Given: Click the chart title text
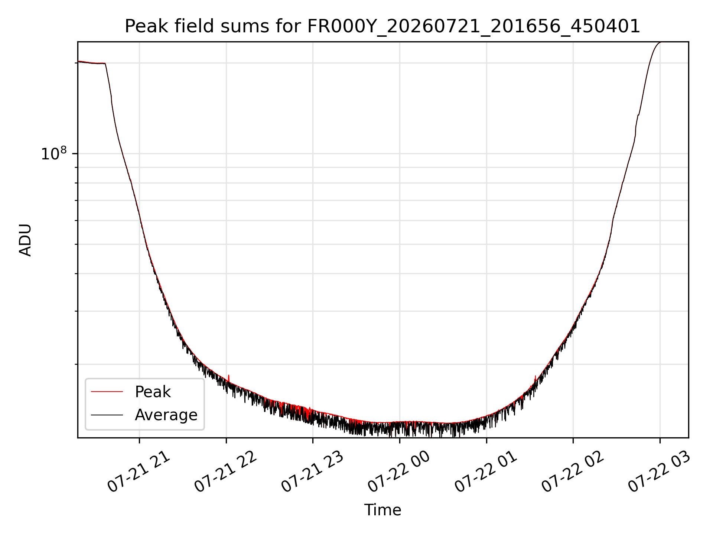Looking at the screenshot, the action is click(x=382, y=27).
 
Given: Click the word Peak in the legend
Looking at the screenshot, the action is click(x=153, y=392).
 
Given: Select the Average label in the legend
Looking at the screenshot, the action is click(x=166, y=415).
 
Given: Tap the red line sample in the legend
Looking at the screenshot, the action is click(x=107, y=392).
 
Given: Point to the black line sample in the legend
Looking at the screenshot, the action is click(x=107, y=415).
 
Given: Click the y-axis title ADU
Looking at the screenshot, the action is click(x=25, y=240).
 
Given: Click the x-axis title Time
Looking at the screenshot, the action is click(x=382, y=510).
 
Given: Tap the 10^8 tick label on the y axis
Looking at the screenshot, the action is click(x=54, y=153).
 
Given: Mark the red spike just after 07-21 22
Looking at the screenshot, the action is click(x=228, y=378).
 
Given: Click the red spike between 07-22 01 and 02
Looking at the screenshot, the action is click(x=535, y=379).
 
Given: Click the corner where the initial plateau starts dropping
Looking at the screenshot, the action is click(x=105, y=64).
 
